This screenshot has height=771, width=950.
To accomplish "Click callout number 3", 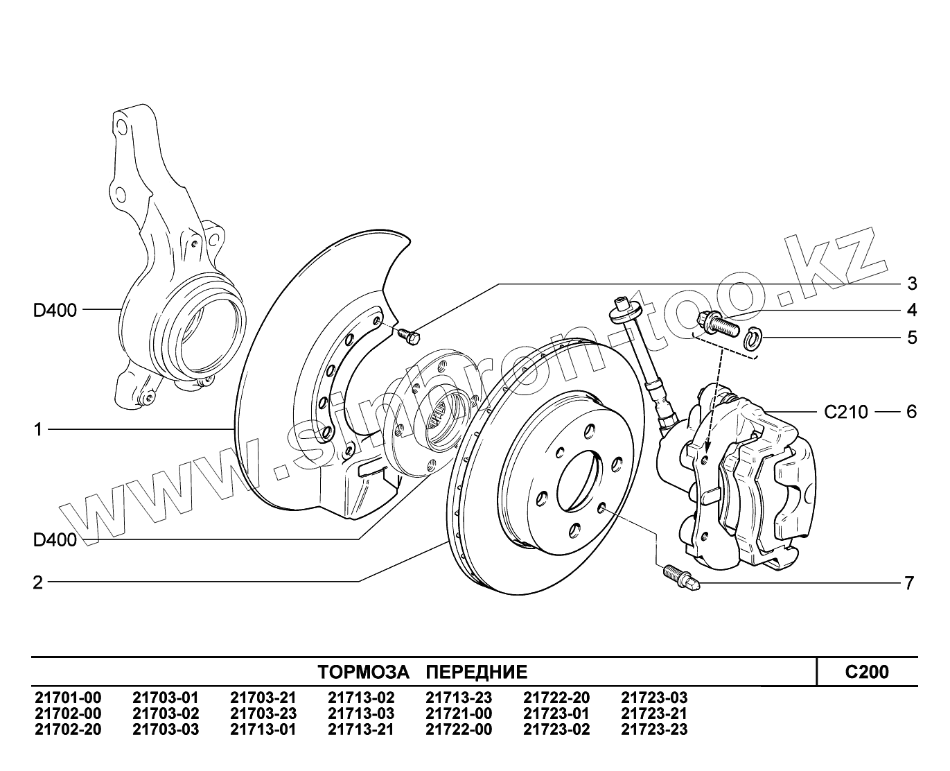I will (912, 283).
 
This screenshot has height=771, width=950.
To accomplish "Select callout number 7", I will (909, 583).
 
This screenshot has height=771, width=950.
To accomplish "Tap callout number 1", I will (38, 430).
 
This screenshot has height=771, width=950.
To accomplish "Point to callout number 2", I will (38, 582).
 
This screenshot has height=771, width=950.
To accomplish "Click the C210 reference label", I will (845, 412).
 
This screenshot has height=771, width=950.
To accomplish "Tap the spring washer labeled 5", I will (753, 338).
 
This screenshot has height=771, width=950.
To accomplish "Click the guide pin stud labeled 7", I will (679, 575).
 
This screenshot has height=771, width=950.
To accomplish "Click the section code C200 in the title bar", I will (867, 671).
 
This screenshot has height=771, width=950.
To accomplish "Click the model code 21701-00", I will (68, 698).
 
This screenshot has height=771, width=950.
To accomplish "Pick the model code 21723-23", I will (654, 729).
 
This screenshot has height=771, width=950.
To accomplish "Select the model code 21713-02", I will (361, 698).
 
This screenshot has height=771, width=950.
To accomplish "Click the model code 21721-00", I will (459, 713).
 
